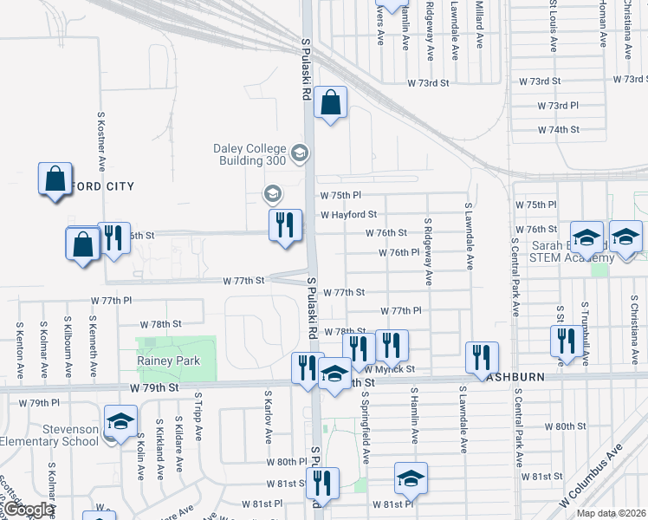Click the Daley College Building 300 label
(x=249, y=154)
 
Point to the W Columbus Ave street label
(x=591, y=477)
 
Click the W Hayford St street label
(x=348, y=214)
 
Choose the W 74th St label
(x=558, y=129)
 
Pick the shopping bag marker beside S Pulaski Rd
(x=330, y=103)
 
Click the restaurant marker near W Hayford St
(x=285, y=225)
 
